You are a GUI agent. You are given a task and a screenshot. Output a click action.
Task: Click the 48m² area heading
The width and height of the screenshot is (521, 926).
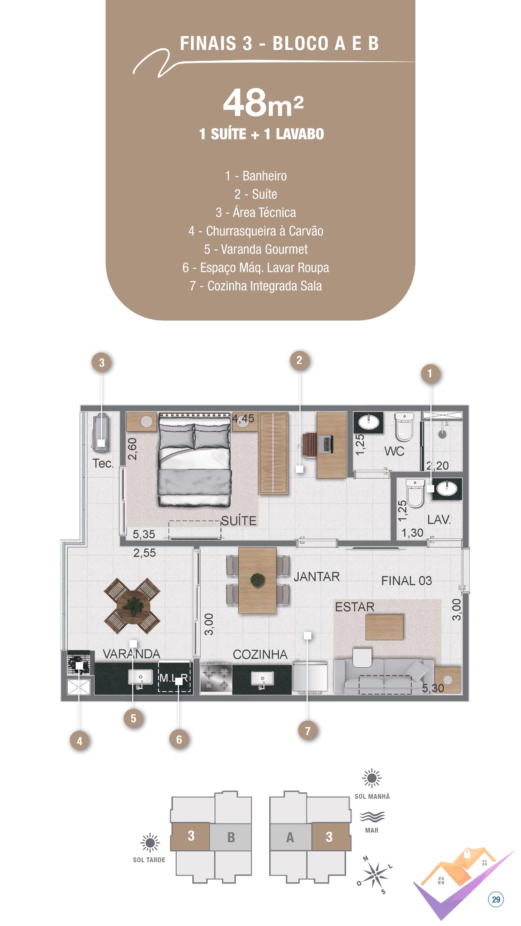263,103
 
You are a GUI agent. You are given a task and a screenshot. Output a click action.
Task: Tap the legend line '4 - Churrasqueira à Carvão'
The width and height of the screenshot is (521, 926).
256,231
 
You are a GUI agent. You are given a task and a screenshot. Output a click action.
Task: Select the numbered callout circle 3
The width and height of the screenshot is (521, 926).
102,362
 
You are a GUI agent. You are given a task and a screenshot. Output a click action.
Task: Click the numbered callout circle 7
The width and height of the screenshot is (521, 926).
308,731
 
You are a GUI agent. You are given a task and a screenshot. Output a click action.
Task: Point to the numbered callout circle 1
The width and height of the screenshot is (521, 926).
430,373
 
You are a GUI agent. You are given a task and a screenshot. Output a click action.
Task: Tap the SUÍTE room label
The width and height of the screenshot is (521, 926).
239,521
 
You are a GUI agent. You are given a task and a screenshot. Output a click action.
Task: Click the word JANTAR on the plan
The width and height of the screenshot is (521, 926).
317,577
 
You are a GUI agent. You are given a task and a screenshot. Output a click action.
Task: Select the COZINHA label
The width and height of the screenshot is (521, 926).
260,654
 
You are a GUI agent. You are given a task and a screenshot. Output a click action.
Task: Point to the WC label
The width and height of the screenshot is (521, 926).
394,451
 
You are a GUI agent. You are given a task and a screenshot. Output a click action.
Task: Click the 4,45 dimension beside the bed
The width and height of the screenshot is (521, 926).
243,419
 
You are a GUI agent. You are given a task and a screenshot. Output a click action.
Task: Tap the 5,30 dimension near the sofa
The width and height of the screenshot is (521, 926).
433,688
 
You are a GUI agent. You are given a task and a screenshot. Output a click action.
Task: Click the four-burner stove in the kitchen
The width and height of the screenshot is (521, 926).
216,678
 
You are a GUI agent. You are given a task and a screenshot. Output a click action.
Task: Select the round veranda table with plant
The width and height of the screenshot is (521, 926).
132,606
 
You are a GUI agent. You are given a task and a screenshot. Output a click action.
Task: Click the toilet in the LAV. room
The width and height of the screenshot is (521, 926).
415,492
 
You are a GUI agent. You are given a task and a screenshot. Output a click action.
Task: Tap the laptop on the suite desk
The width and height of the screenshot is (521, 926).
326,444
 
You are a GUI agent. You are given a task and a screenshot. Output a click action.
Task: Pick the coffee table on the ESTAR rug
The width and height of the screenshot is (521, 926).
384,627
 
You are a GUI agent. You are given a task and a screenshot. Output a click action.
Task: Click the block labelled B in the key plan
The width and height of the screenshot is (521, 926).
231,837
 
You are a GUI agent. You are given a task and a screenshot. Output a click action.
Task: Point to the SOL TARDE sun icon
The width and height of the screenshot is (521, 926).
150,843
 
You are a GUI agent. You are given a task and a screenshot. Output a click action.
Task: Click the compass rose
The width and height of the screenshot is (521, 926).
375,874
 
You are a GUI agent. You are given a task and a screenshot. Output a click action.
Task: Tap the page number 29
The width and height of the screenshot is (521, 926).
496,900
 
